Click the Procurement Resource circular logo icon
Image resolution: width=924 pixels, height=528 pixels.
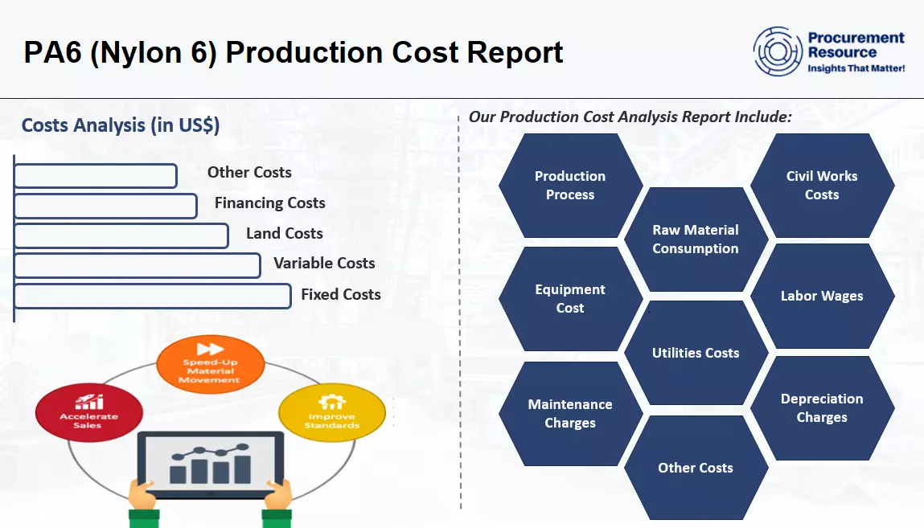point(778,51)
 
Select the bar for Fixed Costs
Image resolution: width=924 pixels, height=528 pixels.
point(153,296)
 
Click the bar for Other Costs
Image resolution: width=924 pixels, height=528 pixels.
point(96,176)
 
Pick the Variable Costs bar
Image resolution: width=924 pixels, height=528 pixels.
point(138,265)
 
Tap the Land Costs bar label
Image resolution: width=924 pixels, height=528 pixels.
point(284,233)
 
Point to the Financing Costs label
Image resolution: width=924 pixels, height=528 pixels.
point(270,203)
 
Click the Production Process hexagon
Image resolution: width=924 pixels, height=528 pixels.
point(570,186)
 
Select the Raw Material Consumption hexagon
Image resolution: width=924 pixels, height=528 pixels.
point(696,239)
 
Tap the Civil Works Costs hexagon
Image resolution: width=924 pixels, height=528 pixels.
point(822,186)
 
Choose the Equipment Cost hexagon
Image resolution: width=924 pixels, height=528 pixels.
point(570,298)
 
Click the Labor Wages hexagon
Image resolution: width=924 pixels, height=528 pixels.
point(822,296)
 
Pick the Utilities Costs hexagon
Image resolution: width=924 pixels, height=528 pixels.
point(696,353)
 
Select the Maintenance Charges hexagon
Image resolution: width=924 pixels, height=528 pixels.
point(570,413)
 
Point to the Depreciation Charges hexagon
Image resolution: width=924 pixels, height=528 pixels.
point(822,408)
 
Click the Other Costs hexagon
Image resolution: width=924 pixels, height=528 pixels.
point(696,468)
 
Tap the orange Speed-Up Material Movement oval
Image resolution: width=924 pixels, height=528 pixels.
point(211,363)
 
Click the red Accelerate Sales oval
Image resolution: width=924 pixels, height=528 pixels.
point(89,412)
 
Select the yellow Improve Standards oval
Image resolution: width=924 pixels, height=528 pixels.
point(332,412)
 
